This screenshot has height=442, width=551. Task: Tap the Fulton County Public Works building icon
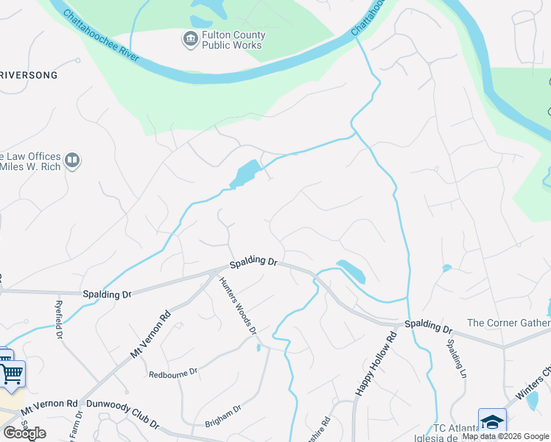pyautogui.click(x=190, y=38)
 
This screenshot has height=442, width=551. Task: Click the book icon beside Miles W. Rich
pyautogui.click(x=72, y=161)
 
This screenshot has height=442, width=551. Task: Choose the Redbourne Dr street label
pyautogui.click(x=172, y=373)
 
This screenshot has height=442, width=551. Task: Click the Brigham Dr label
pyautogui.click(x=223, y=417)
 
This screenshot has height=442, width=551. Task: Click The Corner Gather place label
pyautogui.click(x=508, y=323)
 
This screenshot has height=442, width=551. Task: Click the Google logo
pyautogui.click(x=24, y=433)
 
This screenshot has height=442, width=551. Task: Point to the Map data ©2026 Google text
pyautogui.click(x=505, y=436)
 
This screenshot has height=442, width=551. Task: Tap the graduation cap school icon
pyautogui.click(x=492, y=421)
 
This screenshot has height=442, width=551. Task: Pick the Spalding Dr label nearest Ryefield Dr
pyautogui.click(x=107, y=293)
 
